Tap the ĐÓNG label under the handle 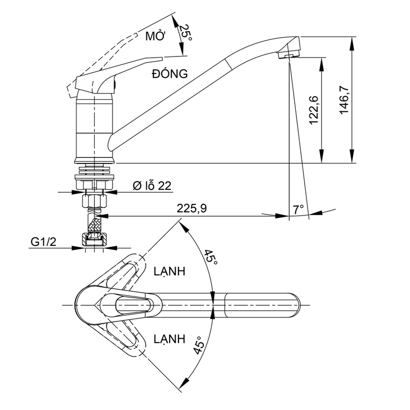click(x=169, y=73)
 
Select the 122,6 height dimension click(x=314, y=110)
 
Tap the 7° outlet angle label click(x=299, y=209)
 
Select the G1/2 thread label click(x=44, y=242)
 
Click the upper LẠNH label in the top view click(x=169, y=272)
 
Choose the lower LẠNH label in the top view click(x=169, y=339)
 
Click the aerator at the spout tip click(x=288, y=55)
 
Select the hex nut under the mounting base click(x=94, y=199)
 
